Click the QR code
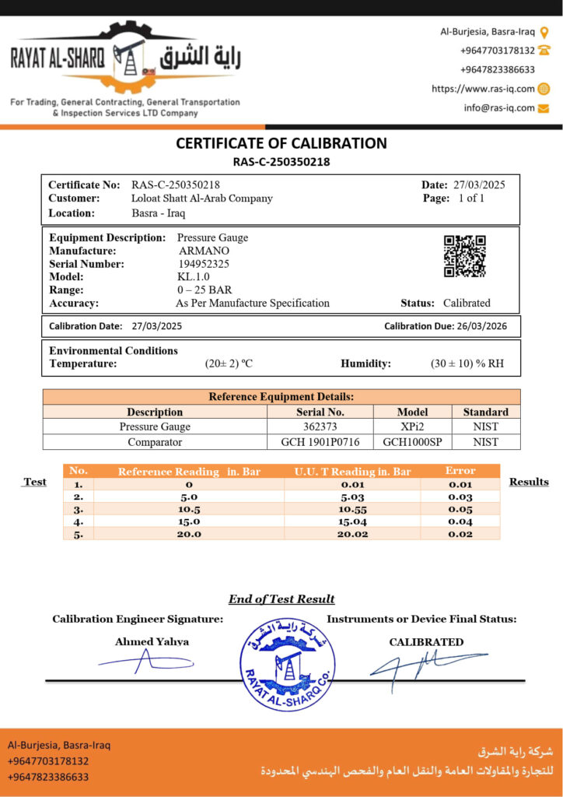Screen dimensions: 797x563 point(464,256)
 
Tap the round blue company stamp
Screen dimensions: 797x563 point(288,664)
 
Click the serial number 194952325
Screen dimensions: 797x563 point(204,264)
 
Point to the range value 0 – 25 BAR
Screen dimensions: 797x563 point(204,290)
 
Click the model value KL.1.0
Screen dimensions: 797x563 point(194,277)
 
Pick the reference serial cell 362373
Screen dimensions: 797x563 point(320,427)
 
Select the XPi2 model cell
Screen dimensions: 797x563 point(412,427)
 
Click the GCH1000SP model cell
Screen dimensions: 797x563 point(412,441)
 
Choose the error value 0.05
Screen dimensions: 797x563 point(460,509)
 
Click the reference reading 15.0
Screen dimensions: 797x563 point(189,521)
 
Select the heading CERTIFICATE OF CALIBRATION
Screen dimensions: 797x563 point(281,143)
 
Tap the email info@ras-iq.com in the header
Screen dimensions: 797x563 point(499,108)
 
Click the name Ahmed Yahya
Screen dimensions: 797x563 point(152,642)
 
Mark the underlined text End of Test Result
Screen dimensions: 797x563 point(281,599)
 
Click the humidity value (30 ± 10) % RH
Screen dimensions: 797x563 point(467,363)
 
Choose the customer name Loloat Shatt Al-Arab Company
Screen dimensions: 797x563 point(202,198)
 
